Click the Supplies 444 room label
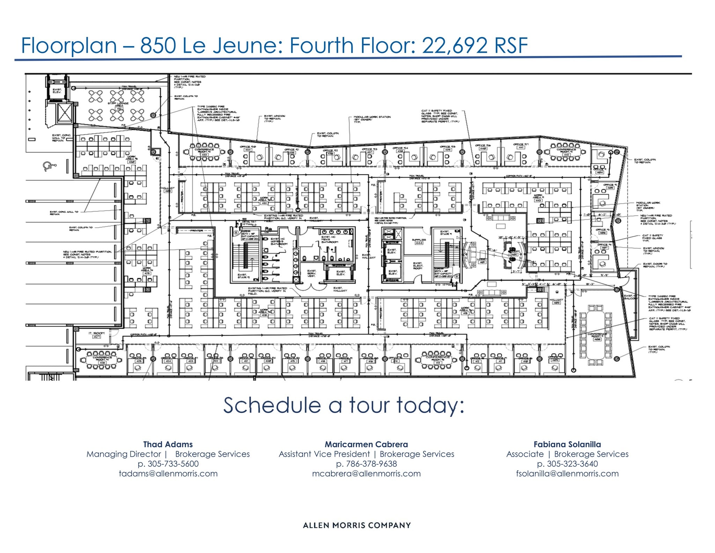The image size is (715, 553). point(419,241)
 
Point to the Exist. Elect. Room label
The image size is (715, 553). point(417,265)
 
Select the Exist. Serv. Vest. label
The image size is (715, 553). point(312,273)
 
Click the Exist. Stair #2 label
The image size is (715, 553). point(244,276)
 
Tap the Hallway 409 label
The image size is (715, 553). point(556,301)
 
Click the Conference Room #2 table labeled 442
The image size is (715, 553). point(566,152)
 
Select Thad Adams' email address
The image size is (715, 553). point(168,474)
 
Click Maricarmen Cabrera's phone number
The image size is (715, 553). point(366,464)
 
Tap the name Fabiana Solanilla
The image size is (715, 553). point(567,444)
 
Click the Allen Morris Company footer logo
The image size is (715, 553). point(357,525)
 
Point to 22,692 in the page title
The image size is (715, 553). point(454,45)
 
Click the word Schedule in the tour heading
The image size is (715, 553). point(272,405)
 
